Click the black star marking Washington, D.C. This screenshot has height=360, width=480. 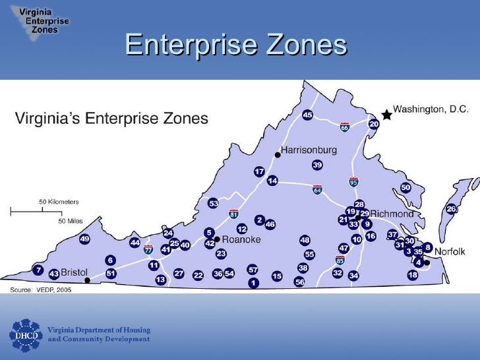386,115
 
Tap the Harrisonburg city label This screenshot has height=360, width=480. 309,150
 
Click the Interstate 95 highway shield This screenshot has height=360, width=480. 353,180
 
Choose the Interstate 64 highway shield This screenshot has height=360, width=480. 317,189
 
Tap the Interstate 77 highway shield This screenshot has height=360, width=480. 148,251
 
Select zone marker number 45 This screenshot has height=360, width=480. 307,115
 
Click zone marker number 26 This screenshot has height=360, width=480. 451,209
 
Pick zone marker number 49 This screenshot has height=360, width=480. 84,239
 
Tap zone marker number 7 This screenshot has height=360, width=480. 38,270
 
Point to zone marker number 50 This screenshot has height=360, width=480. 406,187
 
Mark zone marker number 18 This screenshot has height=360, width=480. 413,275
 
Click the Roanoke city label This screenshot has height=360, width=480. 242,240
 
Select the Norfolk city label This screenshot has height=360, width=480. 450,251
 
